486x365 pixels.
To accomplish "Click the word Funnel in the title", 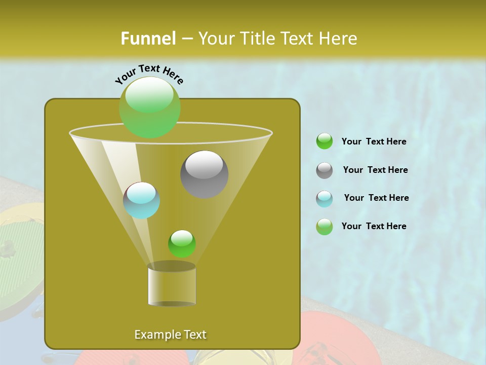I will click(x=148, y=39).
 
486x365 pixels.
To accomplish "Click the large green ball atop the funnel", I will click(x=149, y=107).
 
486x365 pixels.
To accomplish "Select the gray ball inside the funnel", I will click(x=204, y=174).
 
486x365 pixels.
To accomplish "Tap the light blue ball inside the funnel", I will click(x=141, y=200).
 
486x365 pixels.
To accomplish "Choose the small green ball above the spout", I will click(x=182, y=243).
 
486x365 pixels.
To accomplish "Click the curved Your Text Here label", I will click(x=149, y=74).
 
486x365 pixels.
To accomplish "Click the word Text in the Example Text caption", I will click(x=194, y=335).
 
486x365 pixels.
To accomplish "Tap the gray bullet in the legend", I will click(x=325, y=170).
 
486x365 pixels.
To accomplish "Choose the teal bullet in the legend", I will click(x=325, y=199).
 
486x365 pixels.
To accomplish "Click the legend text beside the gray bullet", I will click(x=375, y=170).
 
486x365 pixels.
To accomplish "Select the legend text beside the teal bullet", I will click(x=376, y=198).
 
